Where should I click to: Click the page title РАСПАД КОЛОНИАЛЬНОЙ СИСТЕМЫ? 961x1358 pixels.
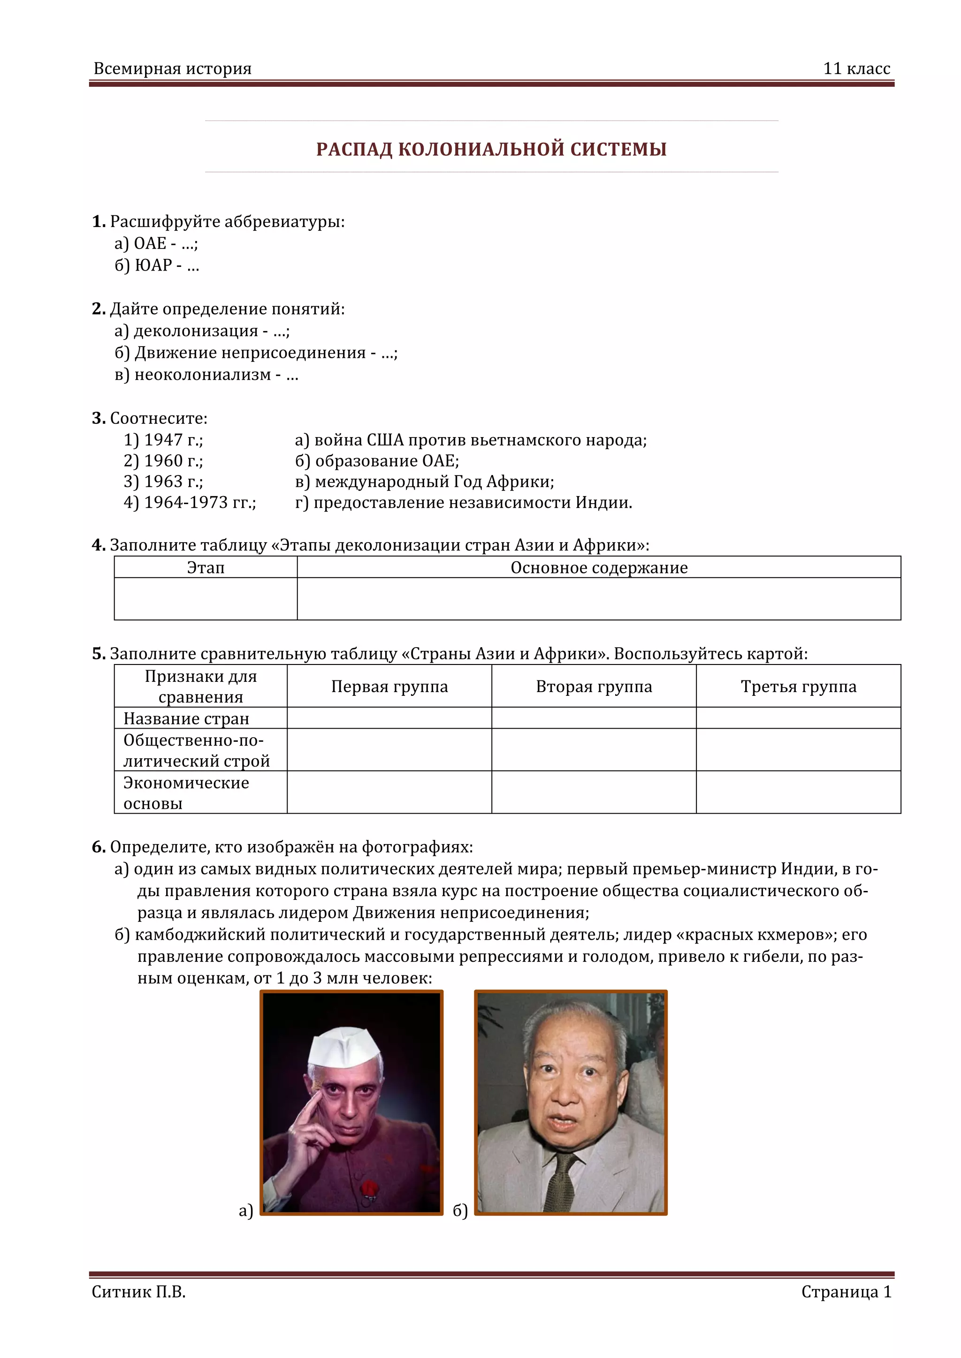pyautogui.click(x=491, y=149)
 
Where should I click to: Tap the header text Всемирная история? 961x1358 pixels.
pyautogui.click(x=172, y=68)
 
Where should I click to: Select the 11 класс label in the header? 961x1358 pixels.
pyautogui.click(x=856, y=68)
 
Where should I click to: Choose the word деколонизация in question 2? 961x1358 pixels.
pyautogui.click(x=196, y=331)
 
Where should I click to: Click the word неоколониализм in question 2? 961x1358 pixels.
pyautogui.click(x=202, y=374)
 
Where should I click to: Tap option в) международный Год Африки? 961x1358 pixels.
pyautogui.click(x=424, y=482)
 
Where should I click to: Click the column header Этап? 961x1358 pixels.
pyautogui.click(x=206, y=568)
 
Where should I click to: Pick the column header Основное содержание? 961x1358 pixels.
pyautogui.click(x=599, y=568)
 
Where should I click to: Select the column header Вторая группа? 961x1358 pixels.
pyautogui.click(x=594, y=686)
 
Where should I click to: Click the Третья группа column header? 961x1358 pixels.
pyautogui.click(x=798, y=686)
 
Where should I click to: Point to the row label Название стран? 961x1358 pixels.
pyautogui.click(x=186, y=719)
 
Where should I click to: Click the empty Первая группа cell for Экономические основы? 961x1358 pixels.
pyautogui.click(x=389, y=792)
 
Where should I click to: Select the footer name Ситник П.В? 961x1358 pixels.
pyautogui.click(x=138, y=1292)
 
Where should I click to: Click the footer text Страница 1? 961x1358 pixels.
pyautogui.click(x=846, y=1292)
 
